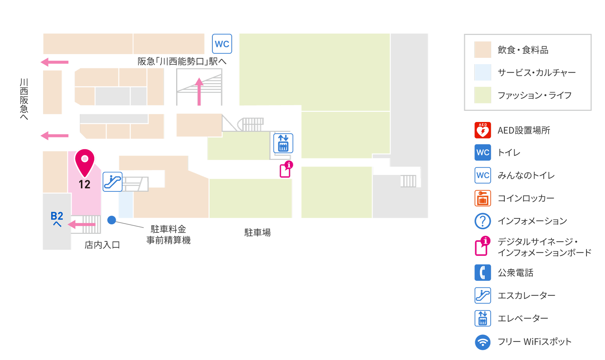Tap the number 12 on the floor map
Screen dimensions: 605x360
(84, 184)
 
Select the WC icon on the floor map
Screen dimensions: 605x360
(222, 44)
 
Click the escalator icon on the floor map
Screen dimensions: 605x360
(112, 182)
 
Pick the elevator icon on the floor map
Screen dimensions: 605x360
(283, 143)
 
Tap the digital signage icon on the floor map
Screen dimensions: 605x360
(286, 169)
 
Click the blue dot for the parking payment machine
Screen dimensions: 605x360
(111, 220)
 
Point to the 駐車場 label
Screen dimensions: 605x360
(257, 232)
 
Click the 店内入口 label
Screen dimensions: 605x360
(102, 245)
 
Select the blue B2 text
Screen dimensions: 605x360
(57, 216)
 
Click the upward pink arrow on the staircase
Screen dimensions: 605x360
(199, 91)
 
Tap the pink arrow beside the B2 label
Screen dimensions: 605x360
(82, 224)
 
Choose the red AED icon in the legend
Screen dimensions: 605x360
(483, 130)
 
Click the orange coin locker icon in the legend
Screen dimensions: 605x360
(483, 198)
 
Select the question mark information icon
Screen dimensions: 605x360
(483, 221)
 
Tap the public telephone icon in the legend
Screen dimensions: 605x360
(483, 272)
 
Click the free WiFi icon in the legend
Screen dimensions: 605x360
(483, 342)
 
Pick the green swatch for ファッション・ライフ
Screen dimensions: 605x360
(483, 95)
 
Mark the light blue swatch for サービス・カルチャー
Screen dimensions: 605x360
(483, 72)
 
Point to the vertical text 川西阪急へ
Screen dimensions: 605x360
(24, 99)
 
